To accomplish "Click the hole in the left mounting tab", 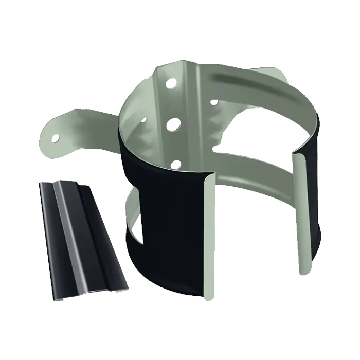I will click(x=56, y=137).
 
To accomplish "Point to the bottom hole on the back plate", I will click(x=175, y=164).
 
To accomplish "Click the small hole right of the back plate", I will click(x=214, y=102).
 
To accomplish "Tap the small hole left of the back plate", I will click(x=143, y=119).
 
